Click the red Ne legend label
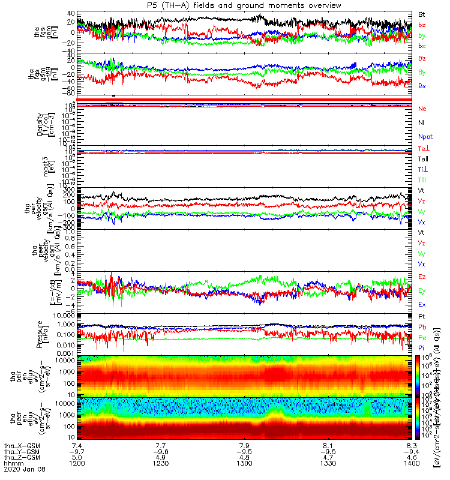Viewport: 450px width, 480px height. pyautogui.click(x=422, y=109)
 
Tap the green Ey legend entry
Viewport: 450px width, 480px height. pyautogui.click(x=422, y=290)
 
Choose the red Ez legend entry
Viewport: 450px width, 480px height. pyautogui.click(x=422, y=277)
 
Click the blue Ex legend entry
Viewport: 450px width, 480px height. pyautogui.click(x=422, y=304)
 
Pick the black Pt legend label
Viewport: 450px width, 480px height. pyautogui.click(x=422, y=316)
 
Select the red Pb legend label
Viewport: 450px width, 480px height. pyautogui.click(x=422, y=326)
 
